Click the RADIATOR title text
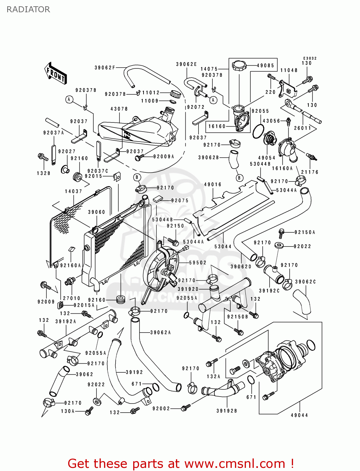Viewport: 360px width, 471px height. point(28,9)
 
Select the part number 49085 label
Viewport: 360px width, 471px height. point(265,66)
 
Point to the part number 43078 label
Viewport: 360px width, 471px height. point(119,109)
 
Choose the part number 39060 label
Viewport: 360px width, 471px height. point(96,212)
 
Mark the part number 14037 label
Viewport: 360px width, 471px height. point(73,191)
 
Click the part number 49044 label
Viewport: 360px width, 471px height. point(299,415)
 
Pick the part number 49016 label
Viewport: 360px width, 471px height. point(213,185)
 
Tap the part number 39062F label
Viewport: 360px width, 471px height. point(105,68)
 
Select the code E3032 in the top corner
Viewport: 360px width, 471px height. point(310,58)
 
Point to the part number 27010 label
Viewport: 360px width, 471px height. point(72,298)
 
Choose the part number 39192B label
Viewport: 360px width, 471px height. point(226,411)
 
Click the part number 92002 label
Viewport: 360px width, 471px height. point(161,409)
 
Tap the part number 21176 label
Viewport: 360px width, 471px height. point(310,172)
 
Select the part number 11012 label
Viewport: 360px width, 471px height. point(151,93)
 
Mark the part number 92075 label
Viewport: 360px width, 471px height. point(180,201)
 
